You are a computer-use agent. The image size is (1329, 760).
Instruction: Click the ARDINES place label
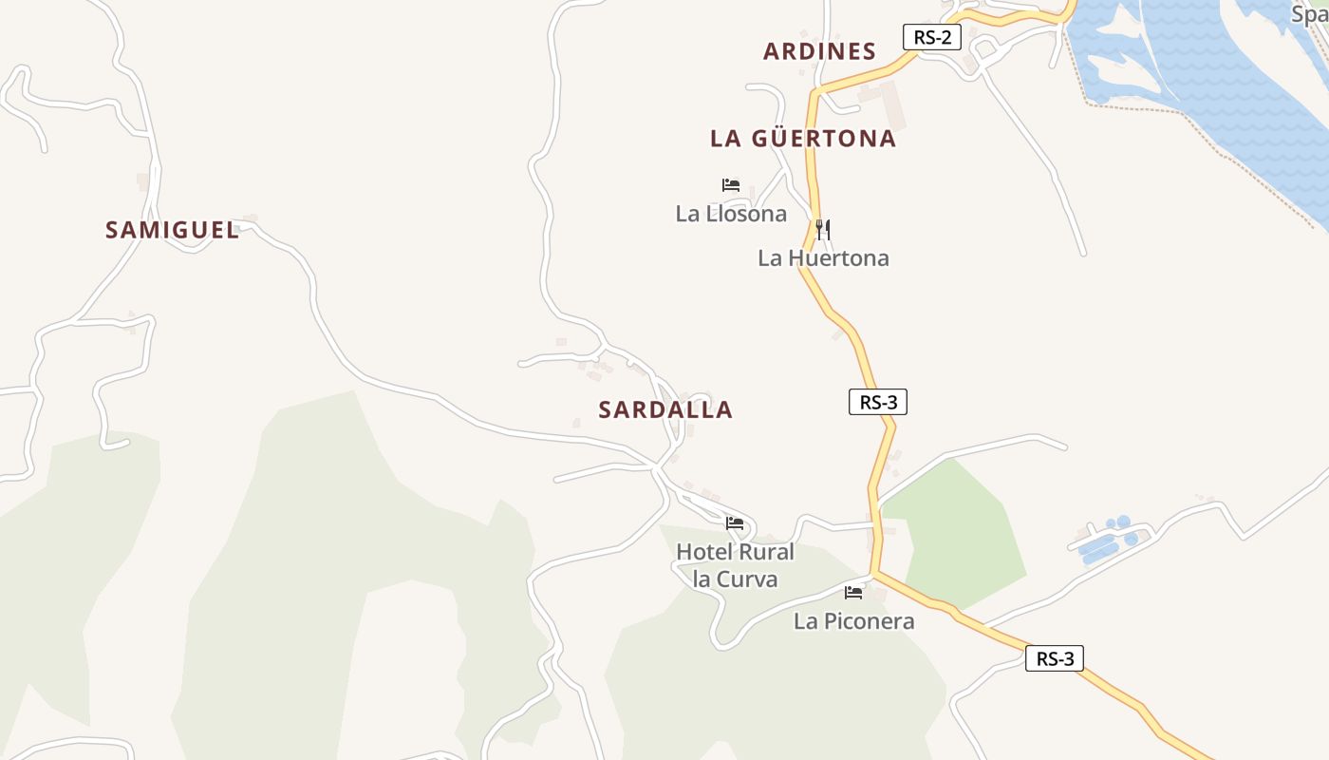(x=819, y=51)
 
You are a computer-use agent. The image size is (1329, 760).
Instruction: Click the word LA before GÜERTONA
(x=725, y=139)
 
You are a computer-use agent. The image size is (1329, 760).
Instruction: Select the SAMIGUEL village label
(x=172, y=230)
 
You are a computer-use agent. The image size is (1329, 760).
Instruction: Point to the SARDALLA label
(x=665, y=409)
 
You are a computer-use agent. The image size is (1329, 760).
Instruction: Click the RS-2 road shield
(x=932, y=38)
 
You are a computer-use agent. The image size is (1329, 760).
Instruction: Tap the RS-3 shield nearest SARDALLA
(x=878, y=402)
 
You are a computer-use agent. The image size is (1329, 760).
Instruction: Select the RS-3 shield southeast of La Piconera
(x=1055, y=658)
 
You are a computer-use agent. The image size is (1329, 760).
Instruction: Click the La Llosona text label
(x=731, y=214)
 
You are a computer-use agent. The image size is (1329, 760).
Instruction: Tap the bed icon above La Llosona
(x=731, y=185)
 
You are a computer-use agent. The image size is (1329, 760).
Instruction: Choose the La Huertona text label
(x=823, y=257)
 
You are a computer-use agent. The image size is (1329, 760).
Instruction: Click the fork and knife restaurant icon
(x=823, y=229)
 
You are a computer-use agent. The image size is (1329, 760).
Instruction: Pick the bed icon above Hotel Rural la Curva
(x=735, y=523)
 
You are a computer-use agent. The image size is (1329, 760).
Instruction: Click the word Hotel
(x=703, y=552)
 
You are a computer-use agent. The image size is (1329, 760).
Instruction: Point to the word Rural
(x=766, y=552)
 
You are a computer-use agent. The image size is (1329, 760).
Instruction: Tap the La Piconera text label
(x=854, y=621)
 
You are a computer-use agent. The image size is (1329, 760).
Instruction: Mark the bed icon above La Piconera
(x=853, y=593)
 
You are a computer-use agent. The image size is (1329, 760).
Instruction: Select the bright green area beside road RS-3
(x=959, y=532)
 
